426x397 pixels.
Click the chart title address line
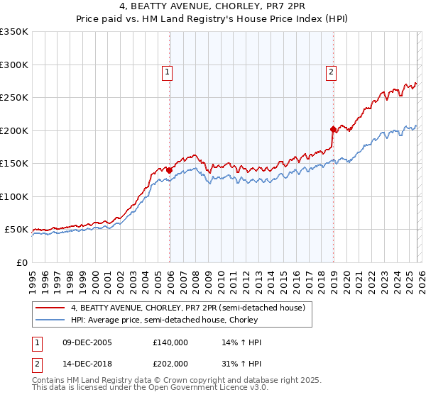(x=213, y=6)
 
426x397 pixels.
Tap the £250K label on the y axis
(x=14, y=98)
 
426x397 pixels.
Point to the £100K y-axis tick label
(x=14, y=196)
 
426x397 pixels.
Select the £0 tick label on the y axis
(x=22, y=262)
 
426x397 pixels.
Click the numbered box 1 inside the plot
(x=167, y=71)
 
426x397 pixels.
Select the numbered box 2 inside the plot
(x=331, y=71)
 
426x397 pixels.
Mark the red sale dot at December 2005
(x=169, y=170)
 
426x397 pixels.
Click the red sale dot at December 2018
(x=333, y=129)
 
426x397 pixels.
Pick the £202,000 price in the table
(x=170, y=363)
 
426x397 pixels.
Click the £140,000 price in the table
(x=170, y=342)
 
